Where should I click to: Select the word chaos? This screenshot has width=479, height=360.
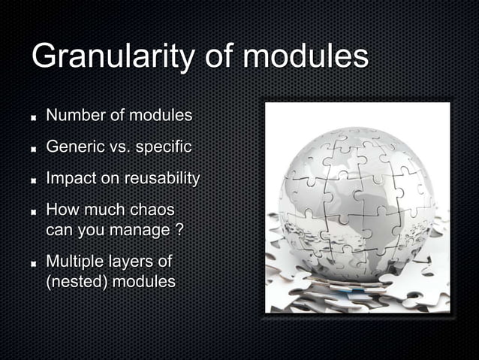point(153,208)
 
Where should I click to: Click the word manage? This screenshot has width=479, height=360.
point(142,228)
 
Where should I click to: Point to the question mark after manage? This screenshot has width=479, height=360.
point(179,228)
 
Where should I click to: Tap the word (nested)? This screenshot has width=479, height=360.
point(77,282)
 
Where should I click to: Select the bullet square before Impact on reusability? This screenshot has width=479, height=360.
point(35,180)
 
